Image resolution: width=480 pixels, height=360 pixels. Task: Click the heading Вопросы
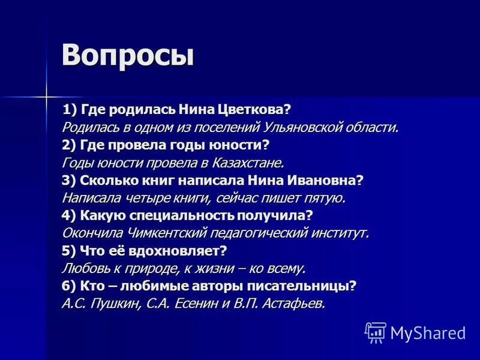pos(128,56)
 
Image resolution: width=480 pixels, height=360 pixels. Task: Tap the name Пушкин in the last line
pos(115,304)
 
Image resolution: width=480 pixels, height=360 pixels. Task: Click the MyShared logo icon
pos(376,332)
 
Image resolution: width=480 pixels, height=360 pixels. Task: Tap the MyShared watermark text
pos(428,332)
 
